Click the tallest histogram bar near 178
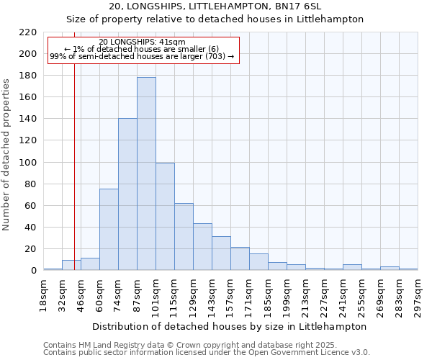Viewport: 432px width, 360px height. point(146,174)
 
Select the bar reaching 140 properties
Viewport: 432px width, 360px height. point(127,194)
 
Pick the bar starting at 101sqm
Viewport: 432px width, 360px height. point(165,216)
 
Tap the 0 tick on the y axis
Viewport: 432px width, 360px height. point(32,271)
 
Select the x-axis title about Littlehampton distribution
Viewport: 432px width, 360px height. point(230,326)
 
